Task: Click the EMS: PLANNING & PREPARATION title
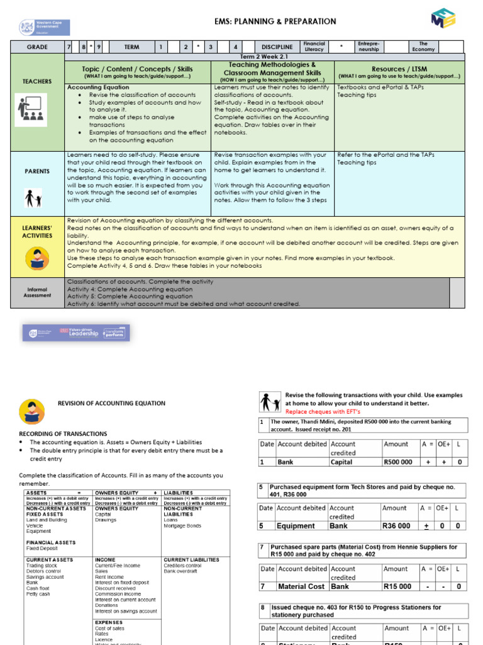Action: (267, 21)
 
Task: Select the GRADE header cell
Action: (37, 47)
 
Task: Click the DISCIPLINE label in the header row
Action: (277, 47)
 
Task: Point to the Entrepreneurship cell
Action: (368, 47)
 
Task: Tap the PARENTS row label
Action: (37, 171)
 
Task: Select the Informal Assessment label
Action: (37, 292)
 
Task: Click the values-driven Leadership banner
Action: (76, 333)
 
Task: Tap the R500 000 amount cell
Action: (397, 462)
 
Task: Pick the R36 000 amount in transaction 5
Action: (396, 526)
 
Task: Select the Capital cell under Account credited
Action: (341, 462)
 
